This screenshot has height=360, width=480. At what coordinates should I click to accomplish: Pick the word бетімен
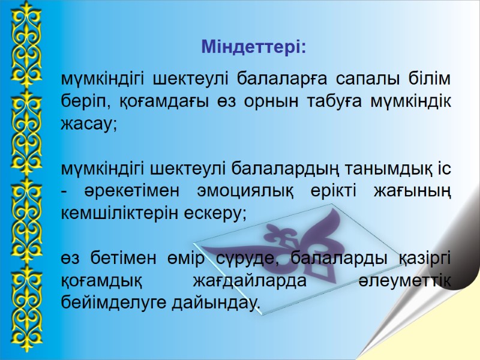tap(121, 258)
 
